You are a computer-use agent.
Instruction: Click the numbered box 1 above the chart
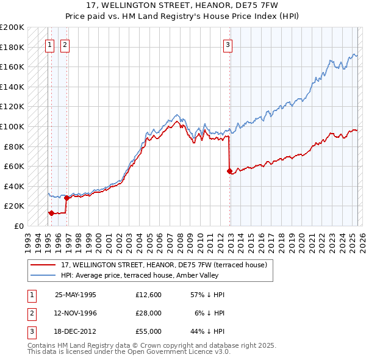coord(49,44)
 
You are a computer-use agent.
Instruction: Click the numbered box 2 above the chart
coord(65,44)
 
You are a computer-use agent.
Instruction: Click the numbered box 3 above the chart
coord(228,44)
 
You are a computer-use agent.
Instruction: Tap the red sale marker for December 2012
coord(229,171)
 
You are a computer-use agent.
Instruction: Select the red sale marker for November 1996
coord(66,198)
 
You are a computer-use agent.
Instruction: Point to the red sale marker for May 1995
coord(51,213)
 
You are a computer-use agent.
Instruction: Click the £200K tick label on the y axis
coord(12,27)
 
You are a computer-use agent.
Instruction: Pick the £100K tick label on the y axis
coord(12,126)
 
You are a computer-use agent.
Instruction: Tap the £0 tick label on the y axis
coord(18,226)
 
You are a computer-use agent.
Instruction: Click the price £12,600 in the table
coord(148,295)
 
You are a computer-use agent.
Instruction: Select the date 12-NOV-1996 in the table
coord(76,313)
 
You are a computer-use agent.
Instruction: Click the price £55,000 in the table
coord(148,331)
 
